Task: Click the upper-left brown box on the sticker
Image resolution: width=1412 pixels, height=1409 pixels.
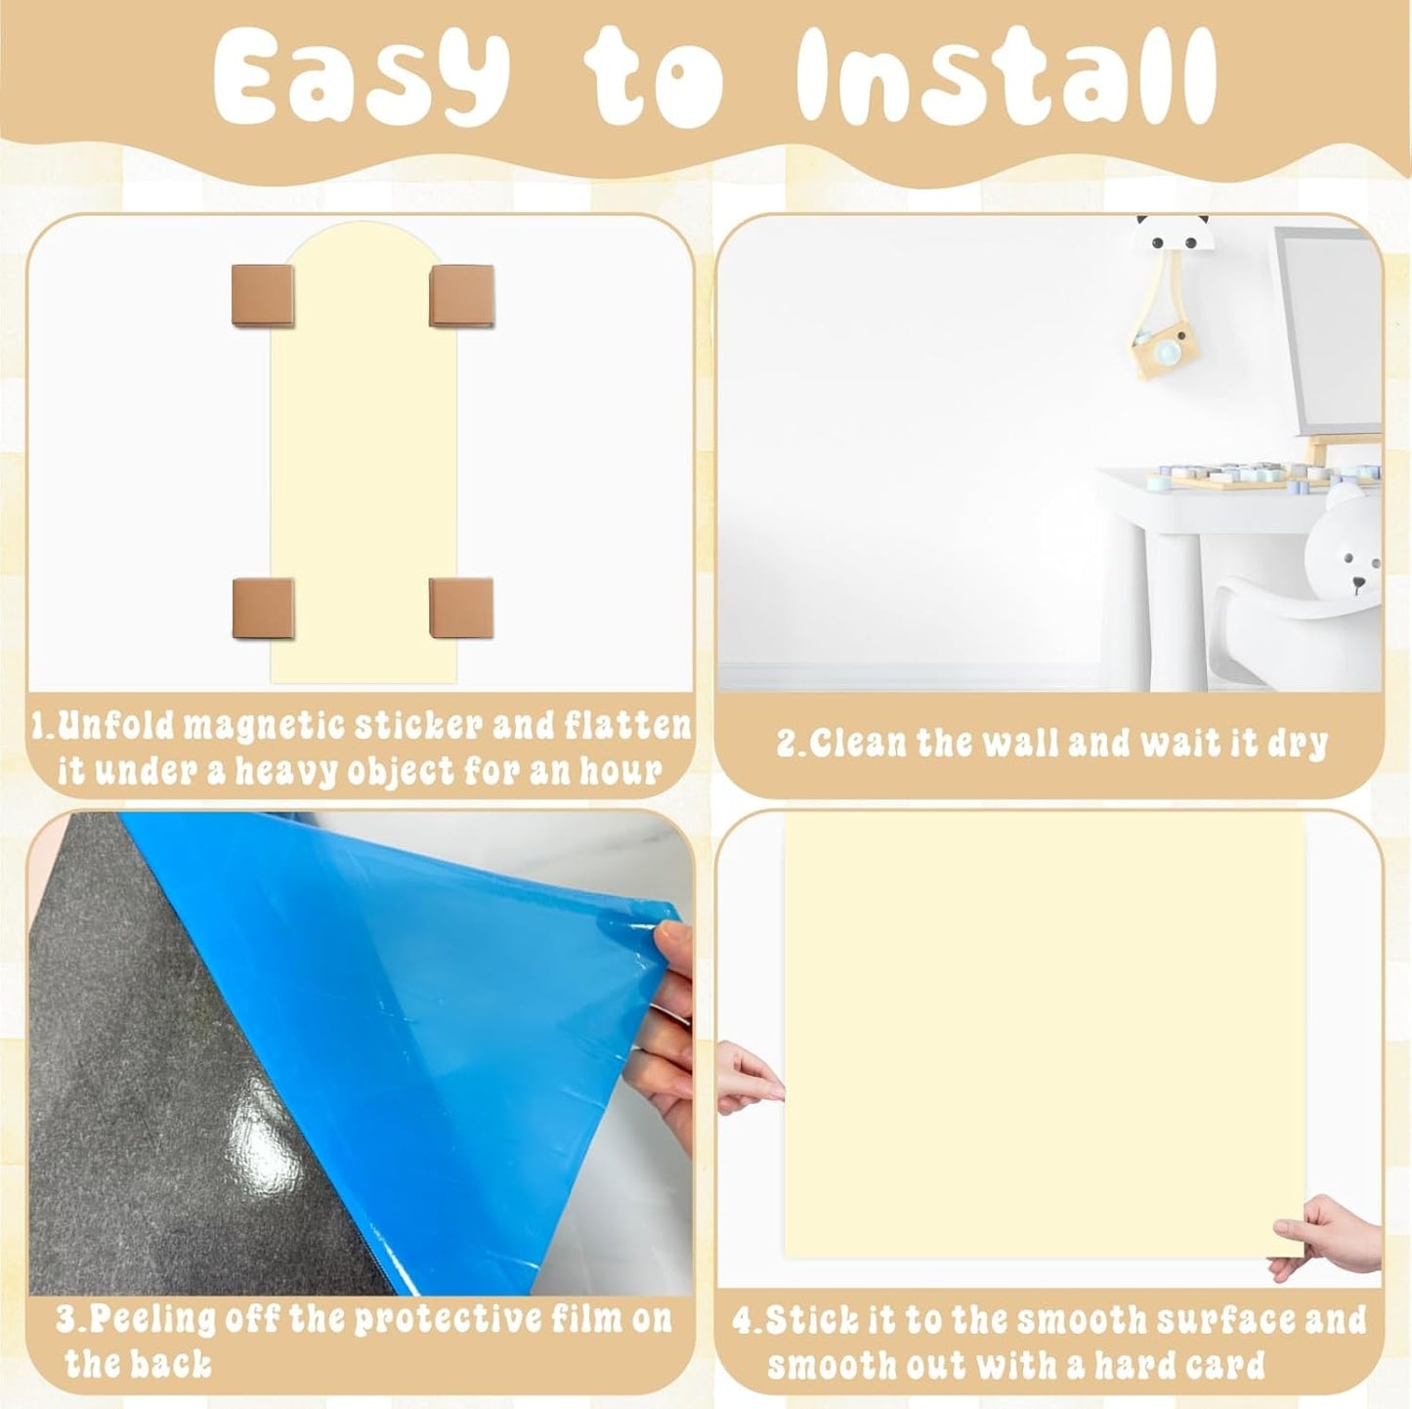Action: point(262,294)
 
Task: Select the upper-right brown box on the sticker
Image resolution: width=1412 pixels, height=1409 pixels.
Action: point(461,295)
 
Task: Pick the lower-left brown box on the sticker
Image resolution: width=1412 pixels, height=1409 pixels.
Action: point(263,608)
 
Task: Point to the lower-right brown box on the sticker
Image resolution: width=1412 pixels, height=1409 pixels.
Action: point(461,608)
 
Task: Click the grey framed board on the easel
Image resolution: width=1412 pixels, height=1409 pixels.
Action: point(1325,332)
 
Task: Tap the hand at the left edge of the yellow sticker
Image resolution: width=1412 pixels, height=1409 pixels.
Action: point(749,1079)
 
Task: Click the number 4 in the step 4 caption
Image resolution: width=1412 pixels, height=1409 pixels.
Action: point(743,1298)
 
